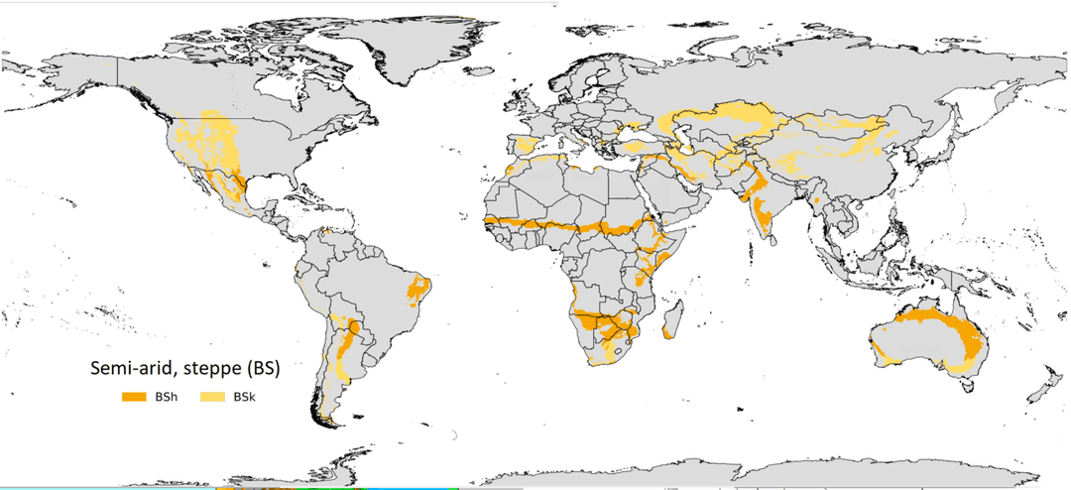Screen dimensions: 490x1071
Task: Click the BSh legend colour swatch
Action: (135, 397)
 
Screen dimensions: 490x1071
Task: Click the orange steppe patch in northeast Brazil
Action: (419, 289)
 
